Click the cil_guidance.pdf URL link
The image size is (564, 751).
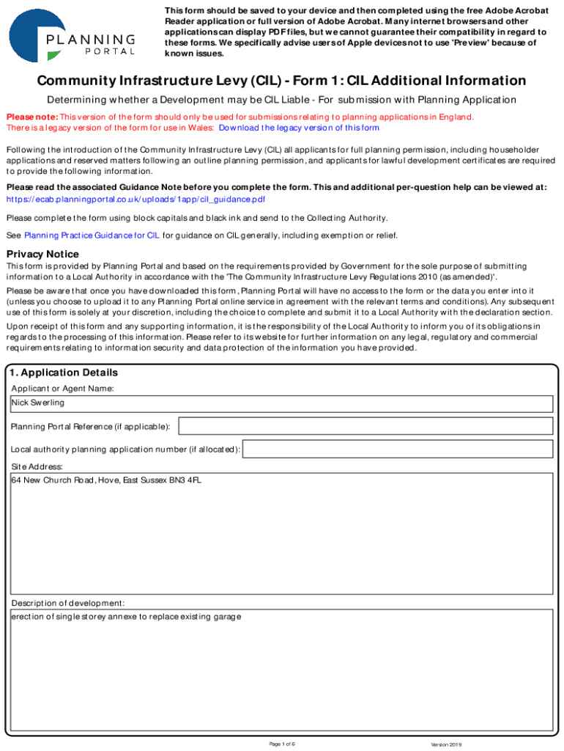(x=136, y=199)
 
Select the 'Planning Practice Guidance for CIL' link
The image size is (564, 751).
(x=92, y=235)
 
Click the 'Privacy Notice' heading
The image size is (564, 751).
(x=42, y=254)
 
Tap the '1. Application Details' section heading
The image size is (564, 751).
(x=64, y=373)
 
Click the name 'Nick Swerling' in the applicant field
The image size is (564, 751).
(x=38, y=403)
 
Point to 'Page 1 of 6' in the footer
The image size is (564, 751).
(x=282, y=744)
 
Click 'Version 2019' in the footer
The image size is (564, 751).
(x=446, y=744)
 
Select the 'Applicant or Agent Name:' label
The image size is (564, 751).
(x=62, y=388)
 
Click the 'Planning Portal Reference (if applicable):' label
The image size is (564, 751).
(x=91, y=427)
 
